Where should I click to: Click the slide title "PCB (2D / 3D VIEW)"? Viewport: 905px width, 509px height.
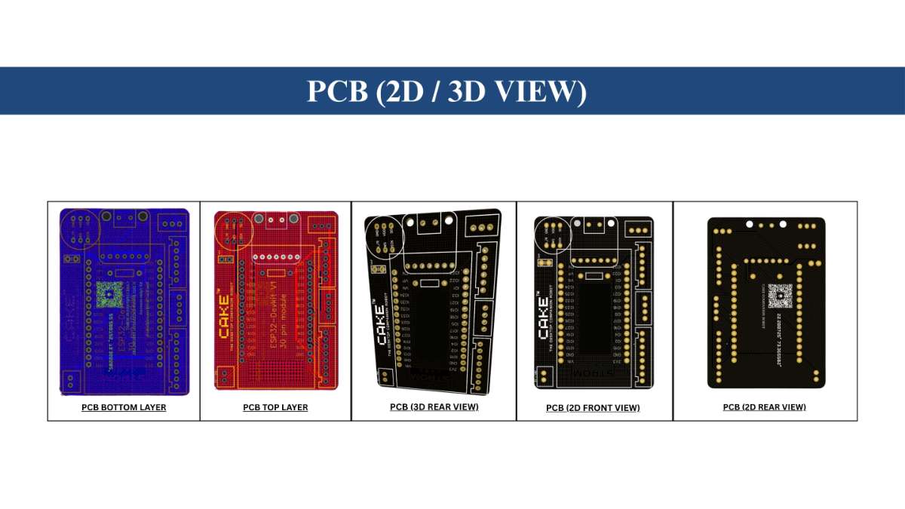point(446,91)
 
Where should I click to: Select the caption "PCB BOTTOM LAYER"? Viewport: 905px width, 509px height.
point(124,407)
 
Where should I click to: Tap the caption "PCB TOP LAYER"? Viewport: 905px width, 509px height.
point(275,407)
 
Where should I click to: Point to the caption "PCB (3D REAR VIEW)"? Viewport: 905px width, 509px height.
point(434,406)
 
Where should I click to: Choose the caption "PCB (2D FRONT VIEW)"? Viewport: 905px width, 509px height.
point(593,408)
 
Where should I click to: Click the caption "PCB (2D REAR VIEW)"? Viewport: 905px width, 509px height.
point(764,407)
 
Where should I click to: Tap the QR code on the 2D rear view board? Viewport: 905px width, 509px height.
point(781,295)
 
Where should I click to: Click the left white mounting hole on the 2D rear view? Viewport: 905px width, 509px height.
point(750,224)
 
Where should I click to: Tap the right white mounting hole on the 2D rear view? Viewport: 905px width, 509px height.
point(783,224)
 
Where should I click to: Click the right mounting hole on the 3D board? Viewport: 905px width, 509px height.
point(449,220)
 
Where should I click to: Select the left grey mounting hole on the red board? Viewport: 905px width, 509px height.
point(258,219)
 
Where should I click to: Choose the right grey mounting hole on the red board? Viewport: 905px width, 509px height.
point(293,219)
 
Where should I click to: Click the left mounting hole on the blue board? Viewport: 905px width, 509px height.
point(107,217)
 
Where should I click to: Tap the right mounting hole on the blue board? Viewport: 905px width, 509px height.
point(143,217)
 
